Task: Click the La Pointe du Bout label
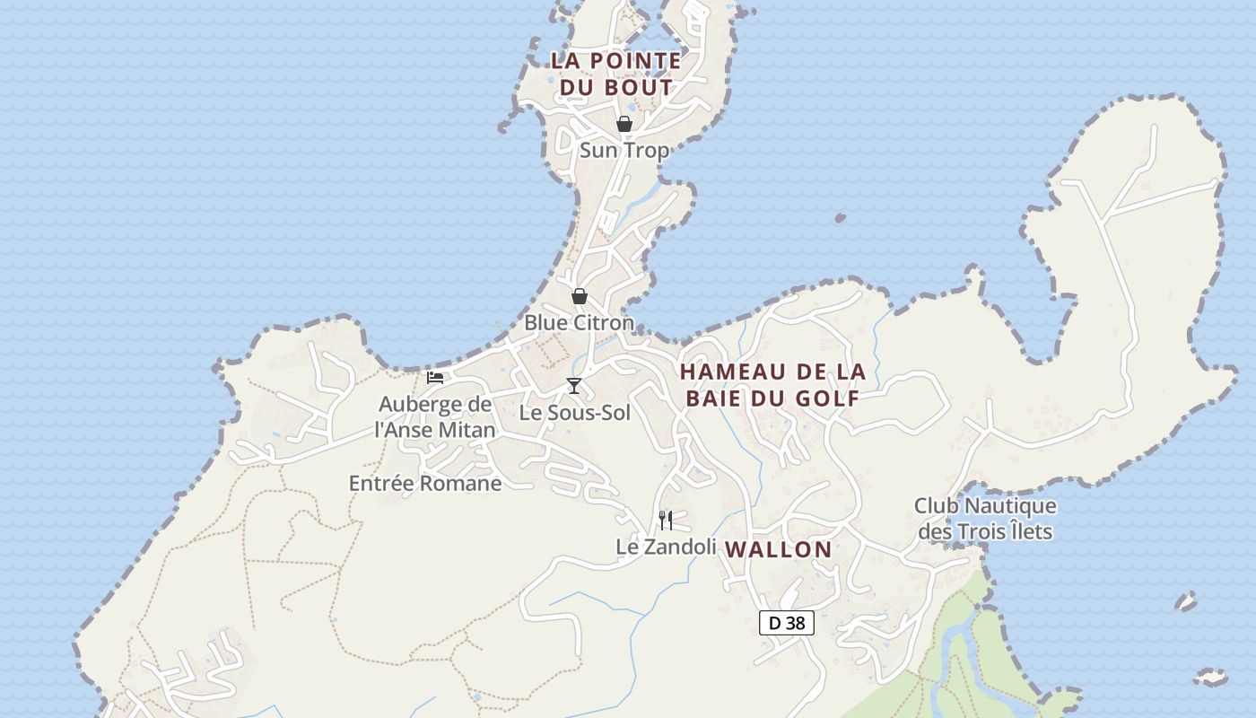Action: (615, 74)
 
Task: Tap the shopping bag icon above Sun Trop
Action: (624, 124)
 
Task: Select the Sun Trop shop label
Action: (624, 150)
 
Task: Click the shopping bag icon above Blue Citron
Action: (580, 295)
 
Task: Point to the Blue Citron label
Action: (579, 322)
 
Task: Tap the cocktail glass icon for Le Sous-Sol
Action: (574, 386)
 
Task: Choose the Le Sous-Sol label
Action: (575, 413)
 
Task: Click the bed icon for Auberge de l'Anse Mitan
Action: (435, 378)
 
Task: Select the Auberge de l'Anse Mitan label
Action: (435, 416)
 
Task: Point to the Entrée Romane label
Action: (425, 483)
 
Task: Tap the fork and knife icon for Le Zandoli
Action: (666, 520)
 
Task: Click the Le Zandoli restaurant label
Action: (666, 546)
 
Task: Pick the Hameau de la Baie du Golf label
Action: (772, 384)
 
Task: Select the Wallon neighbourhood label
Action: (778, 549)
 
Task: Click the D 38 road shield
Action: (787, 623)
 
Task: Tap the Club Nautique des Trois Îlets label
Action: (985, 519)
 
